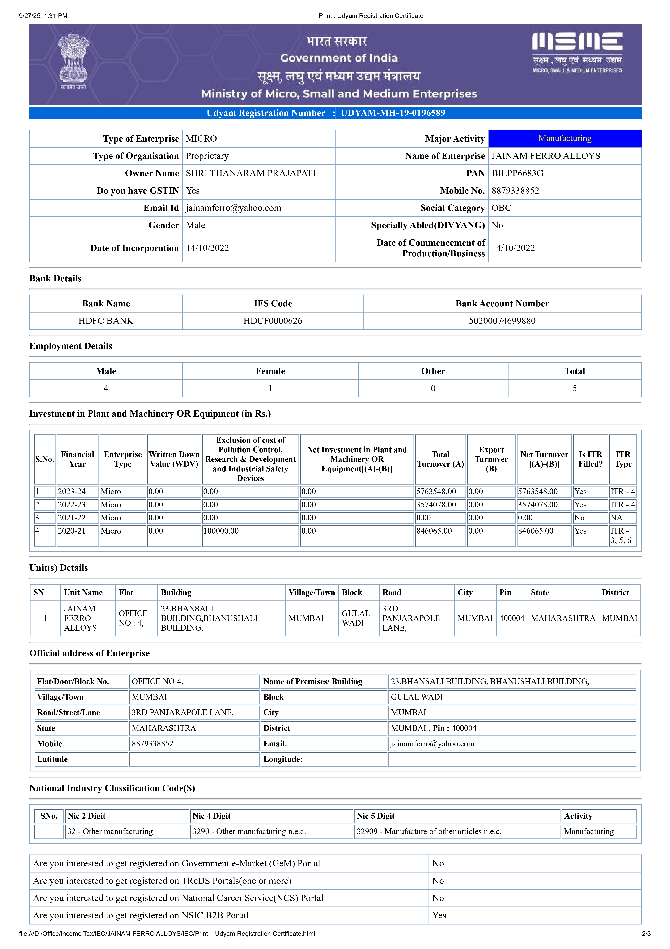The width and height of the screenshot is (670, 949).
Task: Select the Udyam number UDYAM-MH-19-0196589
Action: pyautogui.click(x=393, y=113)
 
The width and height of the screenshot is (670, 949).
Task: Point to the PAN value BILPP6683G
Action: pyautogui.click(x=517, y=173)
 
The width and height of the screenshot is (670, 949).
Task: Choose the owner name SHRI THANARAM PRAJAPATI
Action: pyautogui.click(x=251, y=173)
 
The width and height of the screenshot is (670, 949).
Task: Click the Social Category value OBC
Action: pyautogui.click(x=501, y=208)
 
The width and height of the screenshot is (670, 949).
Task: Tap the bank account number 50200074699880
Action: pyautogui.click(x=502, y=321)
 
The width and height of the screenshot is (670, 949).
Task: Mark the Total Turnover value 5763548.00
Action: pyautogui.click(x=436, y=492)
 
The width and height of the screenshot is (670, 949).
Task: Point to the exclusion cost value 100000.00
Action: pyautogui.click(x=221, y=531)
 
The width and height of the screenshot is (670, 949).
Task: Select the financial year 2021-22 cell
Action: pyautogui.click(x=72, y=518)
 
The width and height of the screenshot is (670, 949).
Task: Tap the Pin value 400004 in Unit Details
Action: pyautogui.click(x=511, y=618)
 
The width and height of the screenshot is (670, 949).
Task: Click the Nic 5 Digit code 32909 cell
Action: pyautogui.click(x=429, y=831)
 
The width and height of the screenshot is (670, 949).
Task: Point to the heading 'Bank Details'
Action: pyautogui.click(x=55, y=279)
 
